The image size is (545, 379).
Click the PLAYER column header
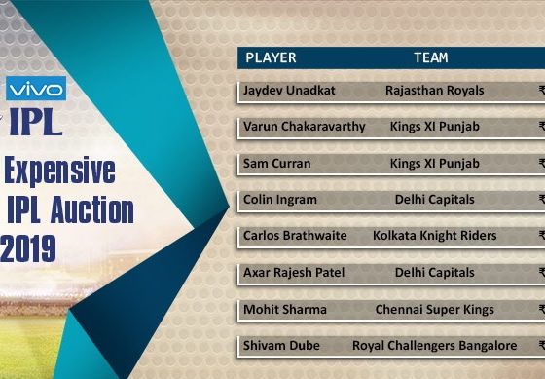tap(271, 57)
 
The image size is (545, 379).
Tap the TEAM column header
tap(430, 57)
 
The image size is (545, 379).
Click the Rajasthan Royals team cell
tap(434, 91)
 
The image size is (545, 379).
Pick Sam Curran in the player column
tap(278, 163)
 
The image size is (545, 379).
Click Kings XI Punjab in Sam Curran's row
tap(434, 163)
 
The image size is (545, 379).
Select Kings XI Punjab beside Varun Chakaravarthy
tap(434, 127)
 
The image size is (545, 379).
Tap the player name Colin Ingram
tap(280, 199)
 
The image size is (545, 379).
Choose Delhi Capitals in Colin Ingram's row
tap(434, 199)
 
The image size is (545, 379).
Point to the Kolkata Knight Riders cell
tap(434, 236)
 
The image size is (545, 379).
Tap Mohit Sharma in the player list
tap(285, 309)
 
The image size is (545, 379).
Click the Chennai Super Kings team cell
tap(434, 309)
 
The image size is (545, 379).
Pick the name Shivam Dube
tap(282, 346)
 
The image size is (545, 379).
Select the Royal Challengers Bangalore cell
tap(434, 346)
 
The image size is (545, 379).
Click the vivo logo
tap(36, 89)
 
